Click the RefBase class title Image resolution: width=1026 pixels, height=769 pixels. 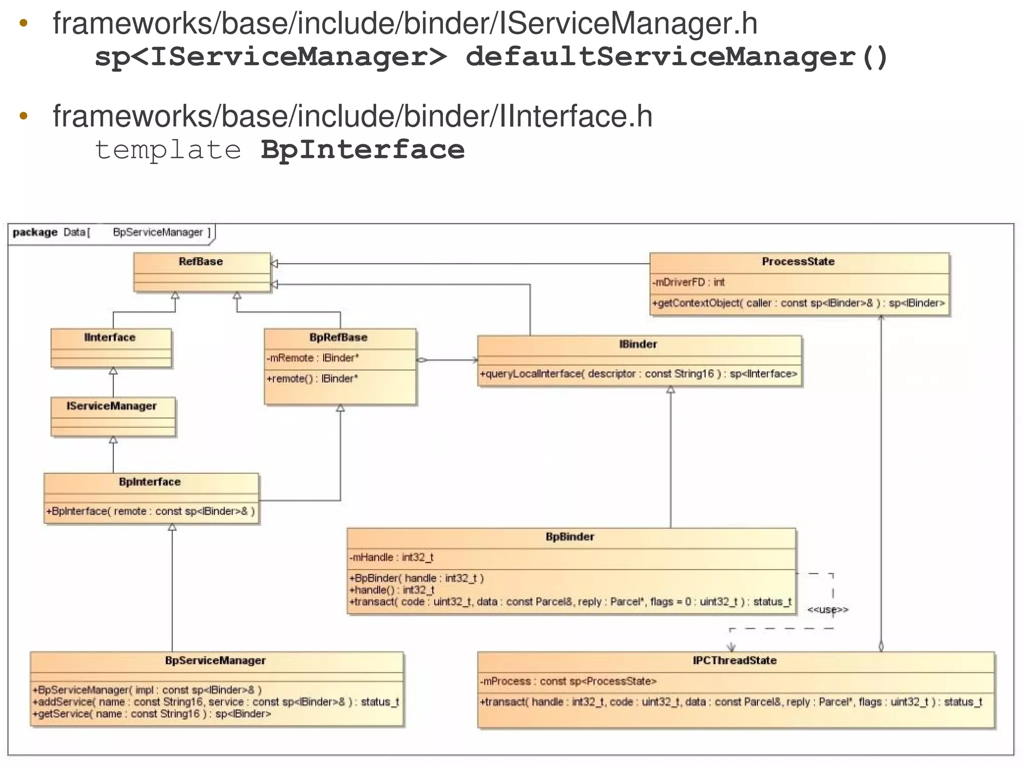point(201,262)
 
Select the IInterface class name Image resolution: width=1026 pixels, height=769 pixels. point(110,337)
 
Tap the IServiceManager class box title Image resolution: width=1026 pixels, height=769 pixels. point(112,406)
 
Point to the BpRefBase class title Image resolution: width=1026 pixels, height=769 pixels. point(338,337)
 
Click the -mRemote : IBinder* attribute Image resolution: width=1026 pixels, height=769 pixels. point(313,358)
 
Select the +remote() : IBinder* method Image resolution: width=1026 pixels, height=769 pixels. point(312,379)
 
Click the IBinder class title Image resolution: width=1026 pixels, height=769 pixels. point(638,344)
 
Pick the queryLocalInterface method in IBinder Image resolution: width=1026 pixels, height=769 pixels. point(638,374)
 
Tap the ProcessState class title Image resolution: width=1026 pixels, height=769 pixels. point(798,262)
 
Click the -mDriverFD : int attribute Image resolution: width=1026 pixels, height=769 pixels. point(688,283)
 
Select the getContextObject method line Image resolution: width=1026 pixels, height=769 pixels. point(798,303)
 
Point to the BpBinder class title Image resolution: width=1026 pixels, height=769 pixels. point(570,537)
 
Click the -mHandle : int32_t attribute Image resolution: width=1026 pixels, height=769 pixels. point(391,558)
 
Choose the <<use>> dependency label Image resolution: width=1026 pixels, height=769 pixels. point(828,610)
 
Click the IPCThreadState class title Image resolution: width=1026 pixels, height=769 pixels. point(734,660)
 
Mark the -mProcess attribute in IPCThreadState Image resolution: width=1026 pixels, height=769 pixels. point(568,681)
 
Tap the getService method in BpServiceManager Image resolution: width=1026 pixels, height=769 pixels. point(151,714)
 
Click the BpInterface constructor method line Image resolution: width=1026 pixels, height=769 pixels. point(150,511)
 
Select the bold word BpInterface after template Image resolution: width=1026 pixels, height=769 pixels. point(363,150)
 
